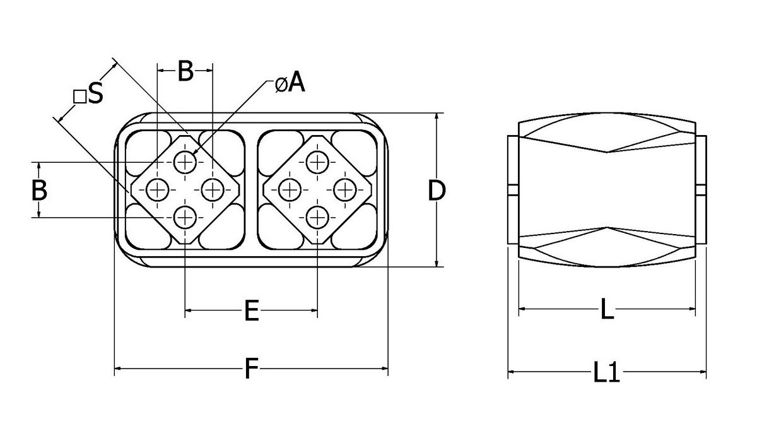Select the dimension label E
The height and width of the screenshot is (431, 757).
click(252, 310)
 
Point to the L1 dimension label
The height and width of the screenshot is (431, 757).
click(607, 373)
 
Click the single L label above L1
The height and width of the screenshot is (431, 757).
click(606, 310)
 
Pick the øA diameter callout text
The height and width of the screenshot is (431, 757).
click(290, 83)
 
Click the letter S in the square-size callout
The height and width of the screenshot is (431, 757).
click(95, 95)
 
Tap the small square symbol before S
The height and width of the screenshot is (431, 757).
click(79, 97)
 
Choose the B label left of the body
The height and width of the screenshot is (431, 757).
click(39, 190)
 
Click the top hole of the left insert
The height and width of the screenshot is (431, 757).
click(185, 163)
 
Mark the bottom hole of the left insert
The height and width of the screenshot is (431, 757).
click(185, 218)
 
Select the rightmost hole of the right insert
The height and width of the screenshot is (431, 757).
click(344, 189)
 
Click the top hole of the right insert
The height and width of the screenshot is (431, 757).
click(317, 162)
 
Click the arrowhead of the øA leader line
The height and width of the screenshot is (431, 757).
click(195, 153)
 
